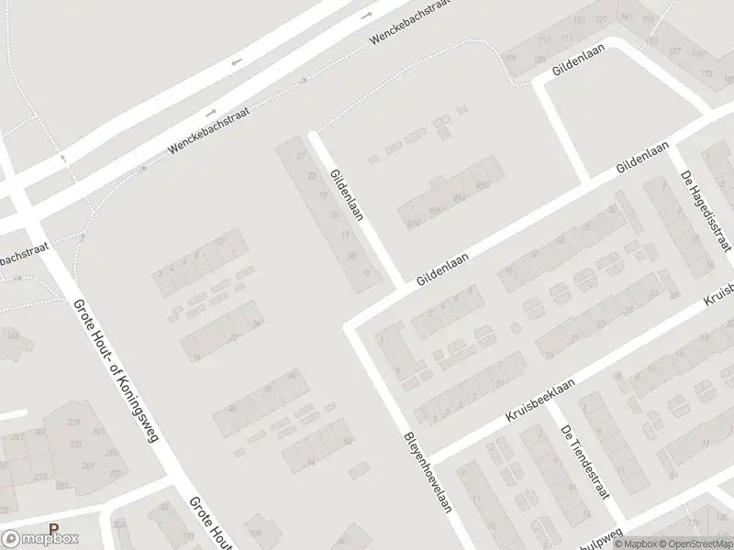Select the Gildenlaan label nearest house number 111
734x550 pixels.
pos(581,60)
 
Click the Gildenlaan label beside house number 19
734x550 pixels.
pos(348,193)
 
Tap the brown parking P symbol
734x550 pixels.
pos(53,529)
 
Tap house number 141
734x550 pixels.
pos(626,16)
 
